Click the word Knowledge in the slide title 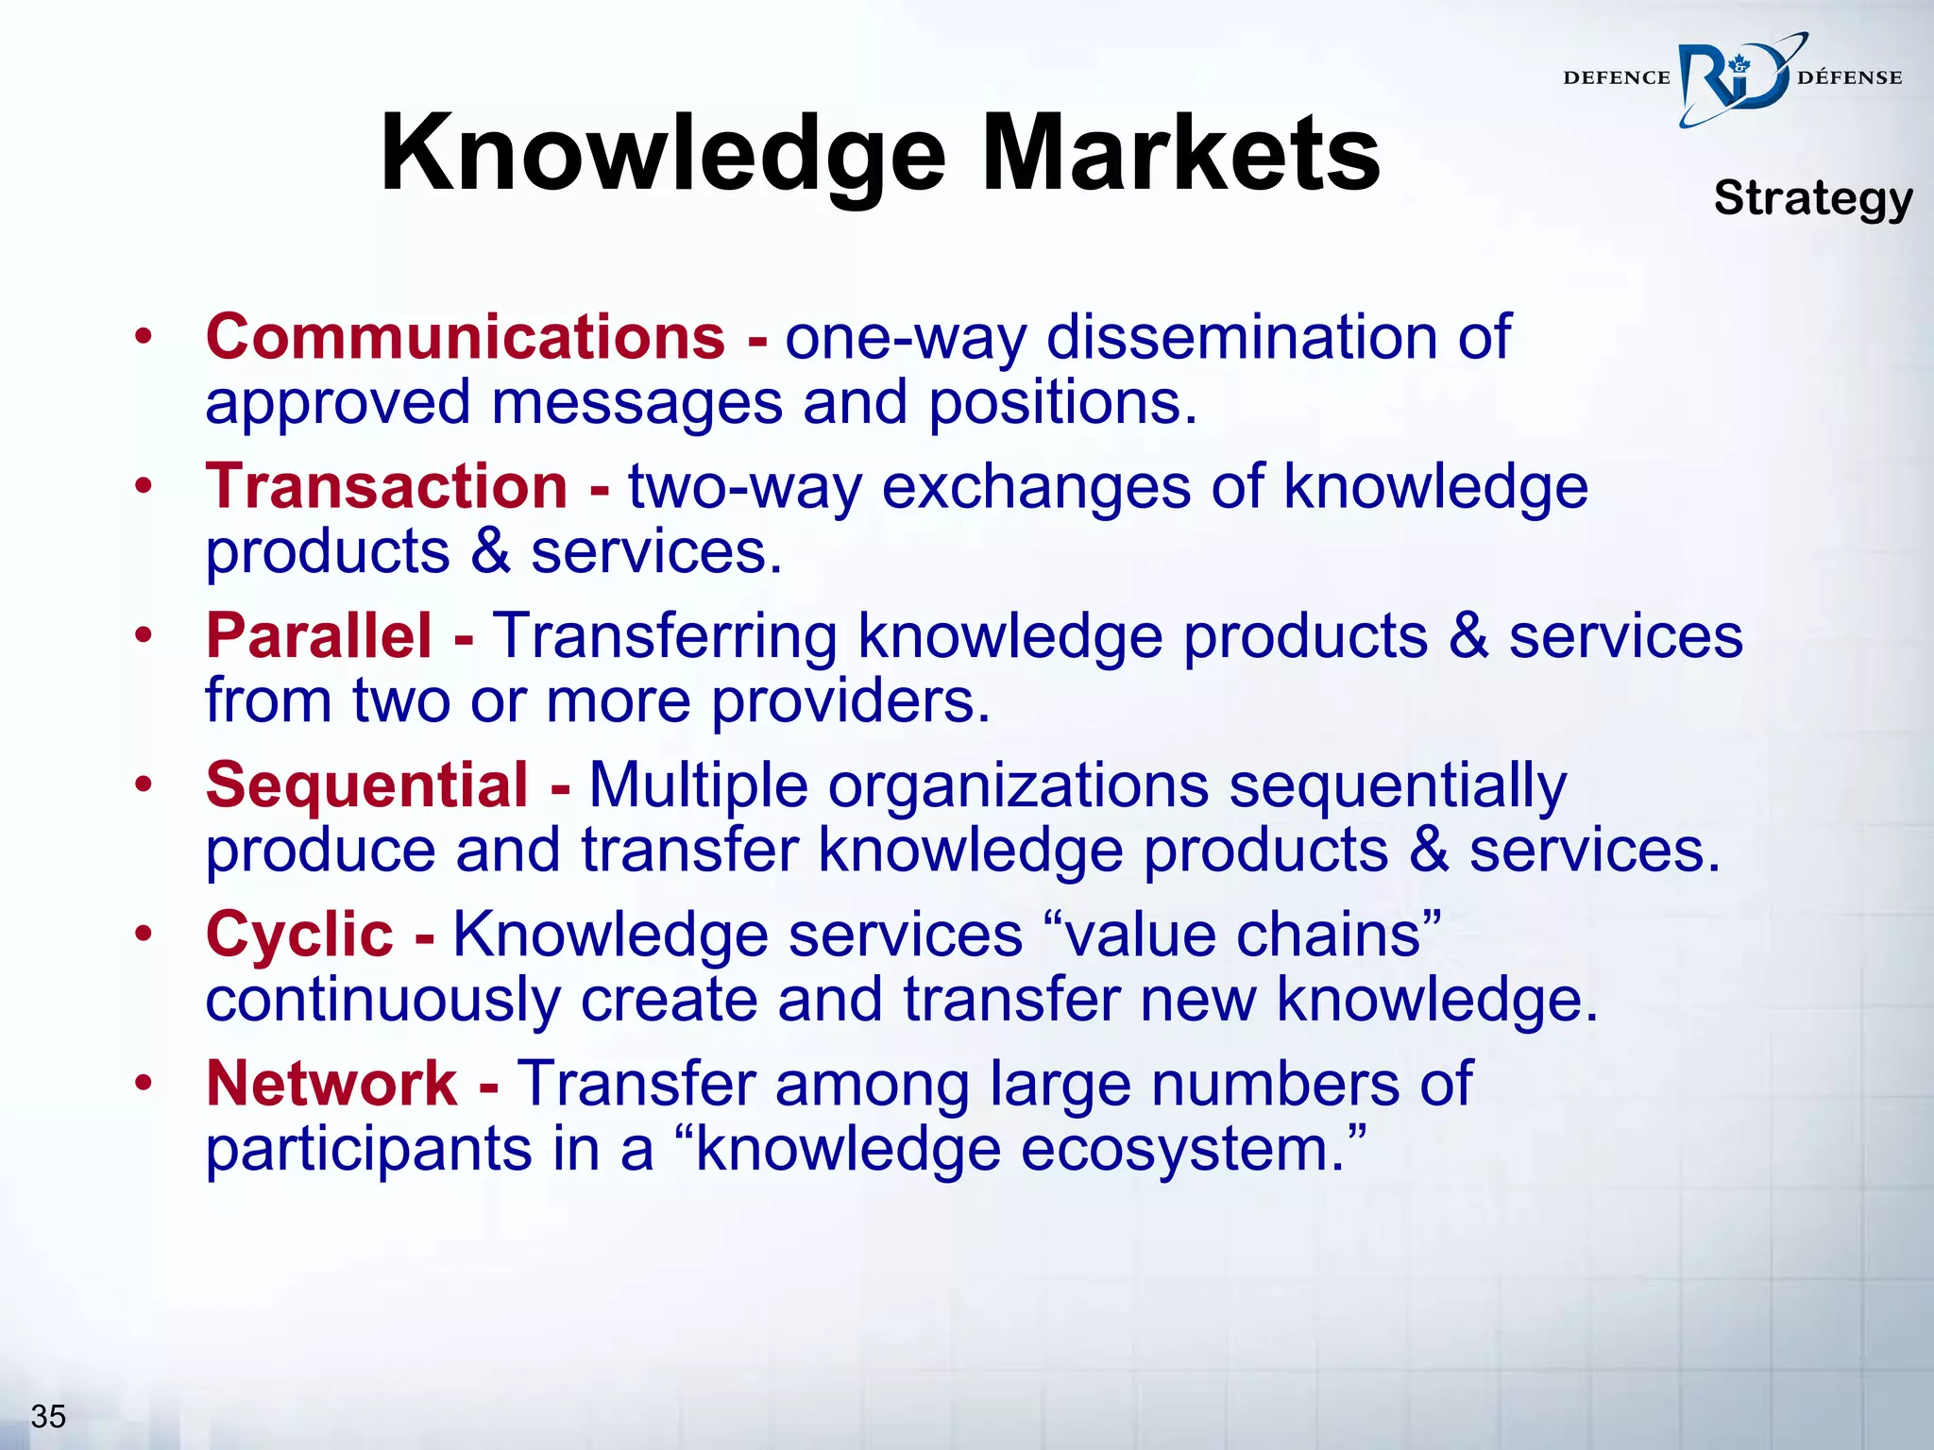[x=662, y=154]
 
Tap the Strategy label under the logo [x=1813, y=198]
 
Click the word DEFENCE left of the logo [x=1617, y=78]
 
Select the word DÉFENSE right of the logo [x=1850, y=78]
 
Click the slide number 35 [x=48, y=1416]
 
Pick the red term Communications [x=466, y=337]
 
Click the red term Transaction [x=387, y=487]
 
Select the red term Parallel [x=319, y=635]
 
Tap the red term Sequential [x=367, y=784]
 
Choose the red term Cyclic [x=299, y=935]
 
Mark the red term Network [x=331, y=1083]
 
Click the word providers [x=851, y=701]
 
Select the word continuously [x=382, y=1000]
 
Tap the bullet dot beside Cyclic [x=143, y=935]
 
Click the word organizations [x=1018, y=786]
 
